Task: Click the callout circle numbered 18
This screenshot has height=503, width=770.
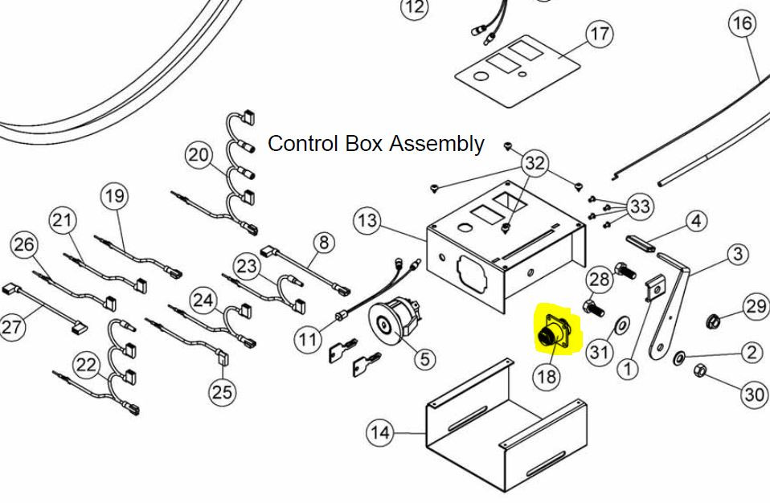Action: (x=546, y=376)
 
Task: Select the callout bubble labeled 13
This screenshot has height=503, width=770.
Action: (x=367, y=221)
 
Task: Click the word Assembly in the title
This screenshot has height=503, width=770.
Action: (x=437, y=145)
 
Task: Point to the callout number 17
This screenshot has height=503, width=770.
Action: (x=599, y=34)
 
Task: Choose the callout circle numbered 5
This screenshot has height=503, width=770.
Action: (x=424, y=358)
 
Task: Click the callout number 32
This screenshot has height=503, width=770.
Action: (x=534, y=162)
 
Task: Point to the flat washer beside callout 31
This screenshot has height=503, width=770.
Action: (x=623, y=325)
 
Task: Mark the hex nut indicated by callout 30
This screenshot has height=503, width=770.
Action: (x=701, y=370)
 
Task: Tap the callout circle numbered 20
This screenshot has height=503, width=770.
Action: (x=199, y=155)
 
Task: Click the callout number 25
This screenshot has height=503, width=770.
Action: (x=222, y=392)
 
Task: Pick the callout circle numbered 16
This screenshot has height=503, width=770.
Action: (x=742, y=23)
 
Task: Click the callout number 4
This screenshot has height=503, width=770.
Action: (x=696, y=222)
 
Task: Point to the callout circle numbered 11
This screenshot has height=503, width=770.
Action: (x=308, y=338)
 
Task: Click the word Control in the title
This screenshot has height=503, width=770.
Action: (x=303, y=144)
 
